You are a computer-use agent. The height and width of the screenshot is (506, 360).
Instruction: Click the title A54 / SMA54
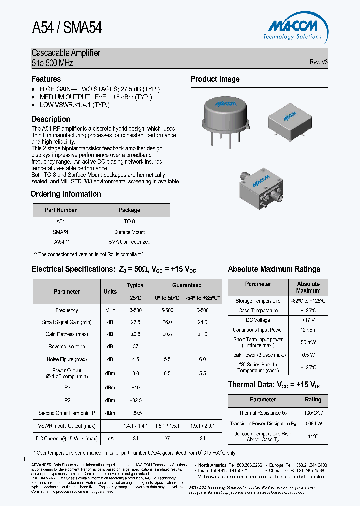pyautogui.click(x=67, y=28)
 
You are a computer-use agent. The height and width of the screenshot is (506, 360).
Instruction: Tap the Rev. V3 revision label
pyautogui.click(x=318, y=62)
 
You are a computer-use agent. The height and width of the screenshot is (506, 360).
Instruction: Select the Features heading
pyautogui.click(x=46, y=79)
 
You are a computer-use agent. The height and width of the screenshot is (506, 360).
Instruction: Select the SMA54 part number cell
pyautogui.click(x=60, y=232)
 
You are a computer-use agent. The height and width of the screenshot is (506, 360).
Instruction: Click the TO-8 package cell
pyautogui.click(x=129, y=221)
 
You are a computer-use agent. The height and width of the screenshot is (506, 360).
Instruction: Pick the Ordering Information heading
pyautogui.click(x=66, y=194)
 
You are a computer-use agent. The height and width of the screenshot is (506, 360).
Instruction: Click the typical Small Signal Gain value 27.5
pyautogui.click(x=135, y=322)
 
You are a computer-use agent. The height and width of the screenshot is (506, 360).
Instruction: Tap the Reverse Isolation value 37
pyautogui.click(x=135, y=346)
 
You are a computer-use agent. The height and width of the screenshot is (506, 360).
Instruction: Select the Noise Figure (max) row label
pyautogui.click(x=67, y=359)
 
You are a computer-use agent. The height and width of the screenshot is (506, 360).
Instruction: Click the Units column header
pyautogui.click(x=110, y=291)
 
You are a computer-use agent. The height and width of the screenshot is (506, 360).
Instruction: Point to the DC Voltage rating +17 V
pyautogui.click(x=308, y=320)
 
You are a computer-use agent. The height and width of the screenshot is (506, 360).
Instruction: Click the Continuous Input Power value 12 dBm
pyautogui.click(x=308, y=330)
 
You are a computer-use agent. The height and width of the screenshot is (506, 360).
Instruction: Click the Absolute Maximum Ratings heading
pyautogui.click(x=274, y=269)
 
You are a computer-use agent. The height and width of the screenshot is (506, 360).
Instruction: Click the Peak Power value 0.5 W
pyautogui.click(x=308, y=355)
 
